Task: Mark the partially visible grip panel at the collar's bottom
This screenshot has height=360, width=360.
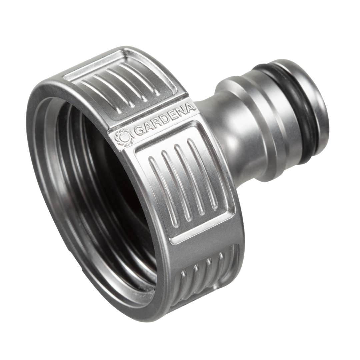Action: [x=207, y=273]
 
